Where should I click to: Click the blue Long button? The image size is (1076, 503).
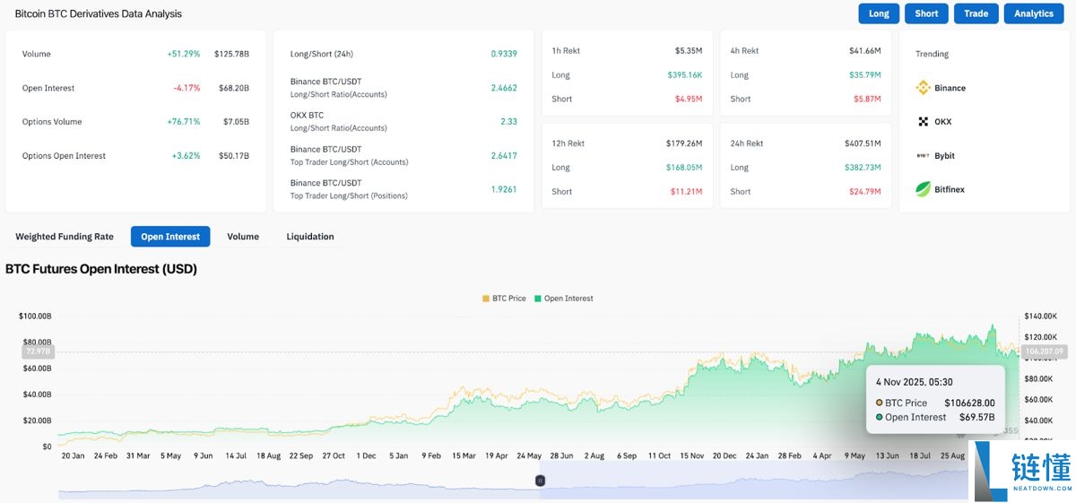[x=879, y=13]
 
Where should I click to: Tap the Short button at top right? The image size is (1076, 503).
[x=926, y=13]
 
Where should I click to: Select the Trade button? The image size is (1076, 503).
[x=976, y=13]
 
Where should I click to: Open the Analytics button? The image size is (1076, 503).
[x=1034, y=13]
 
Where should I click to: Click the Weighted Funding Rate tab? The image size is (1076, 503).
[x=65, y=237]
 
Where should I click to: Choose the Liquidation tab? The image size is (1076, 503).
[x=310, y=237]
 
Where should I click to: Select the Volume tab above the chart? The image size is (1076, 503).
[x=243, y=237]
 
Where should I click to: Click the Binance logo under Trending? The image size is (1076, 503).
[x=924, y=88]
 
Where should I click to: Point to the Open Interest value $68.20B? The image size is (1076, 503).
[x=231, y=88]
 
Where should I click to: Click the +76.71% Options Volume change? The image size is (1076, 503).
[x=184, y=122]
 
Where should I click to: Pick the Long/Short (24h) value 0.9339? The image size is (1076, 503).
[x=504, y=54]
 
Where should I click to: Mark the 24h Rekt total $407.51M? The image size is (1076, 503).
[x=862, y=143]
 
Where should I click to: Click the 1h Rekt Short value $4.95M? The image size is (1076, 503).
[x=689, y=99]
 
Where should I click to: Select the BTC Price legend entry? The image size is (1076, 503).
[x=504, y=299]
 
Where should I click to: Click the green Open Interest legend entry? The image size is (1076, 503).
[x=564, y=299]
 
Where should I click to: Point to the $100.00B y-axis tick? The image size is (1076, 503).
[x=35, y=317]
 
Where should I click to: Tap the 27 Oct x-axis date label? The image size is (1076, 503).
[x=334, y=455]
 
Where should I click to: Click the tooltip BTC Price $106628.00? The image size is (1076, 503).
[x=969, y=403]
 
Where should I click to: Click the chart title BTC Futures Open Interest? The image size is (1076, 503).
[x=100, y=269]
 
